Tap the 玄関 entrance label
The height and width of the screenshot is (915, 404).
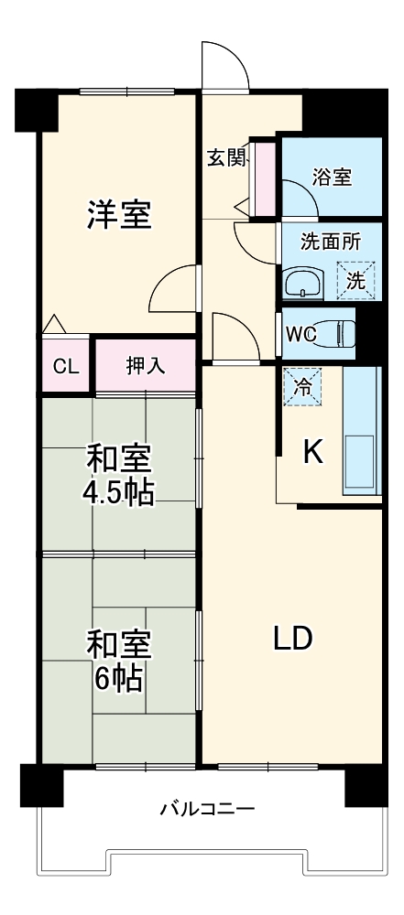click(225, 157)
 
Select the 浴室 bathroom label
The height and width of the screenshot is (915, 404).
click(332, 178)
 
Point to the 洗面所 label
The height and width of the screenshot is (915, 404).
click(331, 242)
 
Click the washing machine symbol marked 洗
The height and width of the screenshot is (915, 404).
click(355, 278)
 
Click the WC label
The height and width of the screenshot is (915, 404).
click(300, 334)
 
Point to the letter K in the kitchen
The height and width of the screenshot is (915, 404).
click(312, 452)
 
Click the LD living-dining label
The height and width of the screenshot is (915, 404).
click(293, 638)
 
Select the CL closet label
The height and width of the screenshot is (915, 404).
click(64, 367)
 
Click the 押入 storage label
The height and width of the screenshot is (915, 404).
click(145, 366)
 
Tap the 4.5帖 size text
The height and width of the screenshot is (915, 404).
click(119, 492)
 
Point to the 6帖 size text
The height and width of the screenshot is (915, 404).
click(119, 678)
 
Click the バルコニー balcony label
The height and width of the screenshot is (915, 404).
click(207, 809)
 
